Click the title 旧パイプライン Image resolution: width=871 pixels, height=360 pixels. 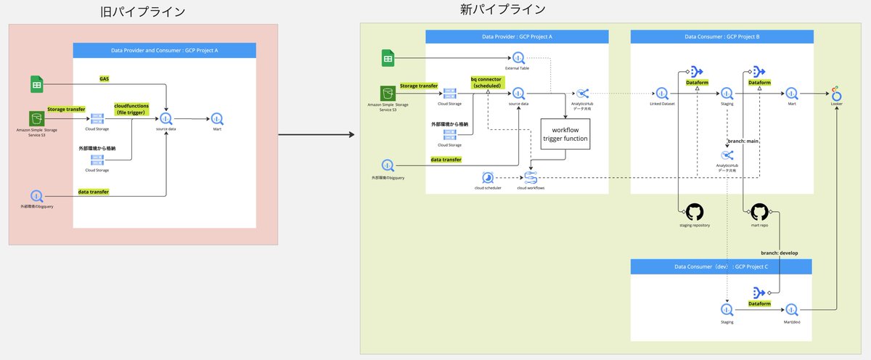tap(142, 12)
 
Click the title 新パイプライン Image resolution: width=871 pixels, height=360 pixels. tap(502, 9)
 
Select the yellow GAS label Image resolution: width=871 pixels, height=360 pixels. tap(105, 78)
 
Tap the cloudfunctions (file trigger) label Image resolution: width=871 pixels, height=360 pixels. tap(131, 108)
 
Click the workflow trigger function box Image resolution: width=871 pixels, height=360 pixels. tap(565, 134)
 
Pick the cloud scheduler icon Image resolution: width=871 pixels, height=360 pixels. tap(488, 178)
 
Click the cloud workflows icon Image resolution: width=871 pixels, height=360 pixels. tap(531, 178)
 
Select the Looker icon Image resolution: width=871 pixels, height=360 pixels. tap(837, 94)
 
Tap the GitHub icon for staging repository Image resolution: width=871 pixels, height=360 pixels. tap(695, 213)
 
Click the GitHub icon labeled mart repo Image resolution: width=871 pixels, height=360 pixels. tap(759, 213)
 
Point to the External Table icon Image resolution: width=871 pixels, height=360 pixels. tap(518, 58)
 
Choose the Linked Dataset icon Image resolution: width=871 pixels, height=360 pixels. tap(661, 94)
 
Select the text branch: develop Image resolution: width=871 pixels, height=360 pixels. tap(779, 253)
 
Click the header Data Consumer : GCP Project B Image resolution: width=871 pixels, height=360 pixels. tap(721, 36)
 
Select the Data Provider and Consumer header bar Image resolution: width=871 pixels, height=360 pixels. tap(165, 51)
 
